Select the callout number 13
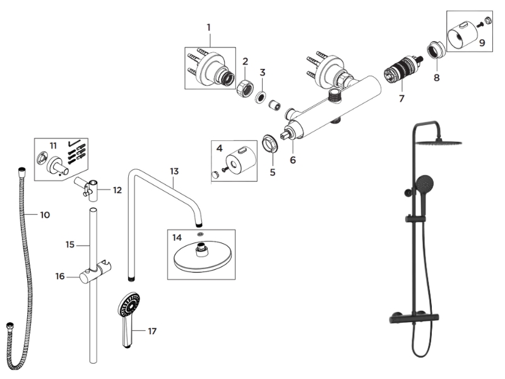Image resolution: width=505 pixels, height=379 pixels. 174,171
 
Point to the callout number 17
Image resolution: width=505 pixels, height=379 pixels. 151,331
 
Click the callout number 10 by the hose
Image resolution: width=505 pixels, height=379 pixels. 44,215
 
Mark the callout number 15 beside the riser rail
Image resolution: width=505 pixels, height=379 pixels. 70,244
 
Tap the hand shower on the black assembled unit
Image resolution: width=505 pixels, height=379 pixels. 424,184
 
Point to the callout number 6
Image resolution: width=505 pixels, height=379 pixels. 292,160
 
